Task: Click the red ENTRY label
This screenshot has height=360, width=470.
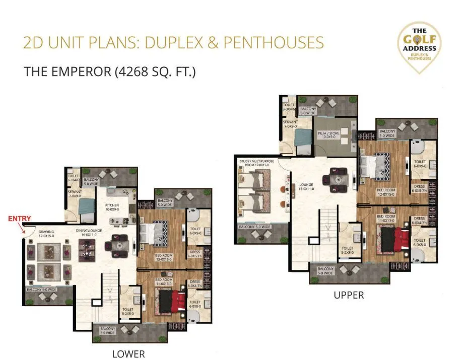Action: (x=19, y=219)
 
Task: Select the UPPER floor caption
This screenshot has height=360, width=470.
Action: (x=349, y=295)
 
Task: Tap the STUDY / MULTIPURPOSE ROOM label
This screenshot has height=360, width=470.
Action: (x=254, y=163)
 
